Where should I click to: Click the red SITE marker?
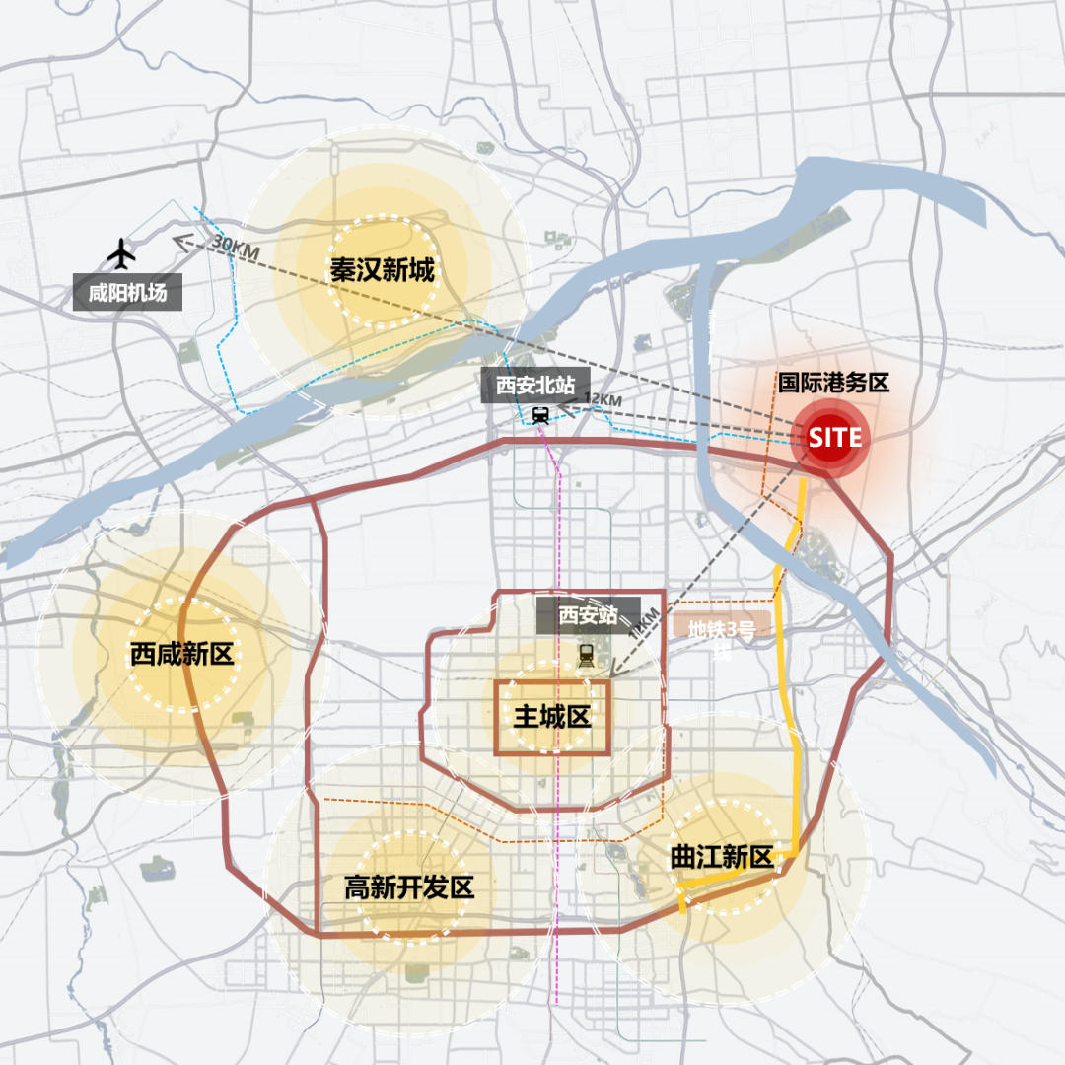(834, 437)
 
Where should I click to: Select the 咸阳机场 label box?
(127, 293)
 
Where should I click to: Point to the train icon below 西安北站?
(540, 416)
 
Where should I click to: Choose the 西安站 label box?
(588, 615)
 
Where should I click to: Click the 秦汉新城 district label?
(383, 269)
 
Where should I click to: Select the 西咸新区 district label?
(181, 654)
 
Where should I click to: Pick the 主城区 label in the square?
(552, 717)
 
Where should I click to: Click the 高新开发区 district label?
(409, 887)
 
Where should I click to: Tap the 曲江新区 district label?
(722, 857)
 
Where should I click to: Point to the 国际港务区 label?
(833, 383)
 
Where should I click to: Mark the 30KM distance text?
(234, 248)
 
